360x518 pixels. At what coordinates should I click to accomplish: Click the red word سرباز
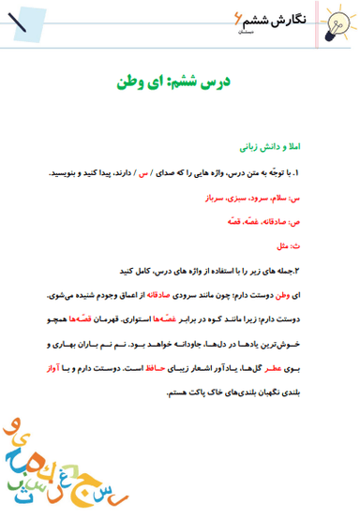[217, 199]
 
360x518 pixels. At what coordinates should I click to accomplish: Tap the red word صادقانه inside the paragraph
[188, 294]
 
